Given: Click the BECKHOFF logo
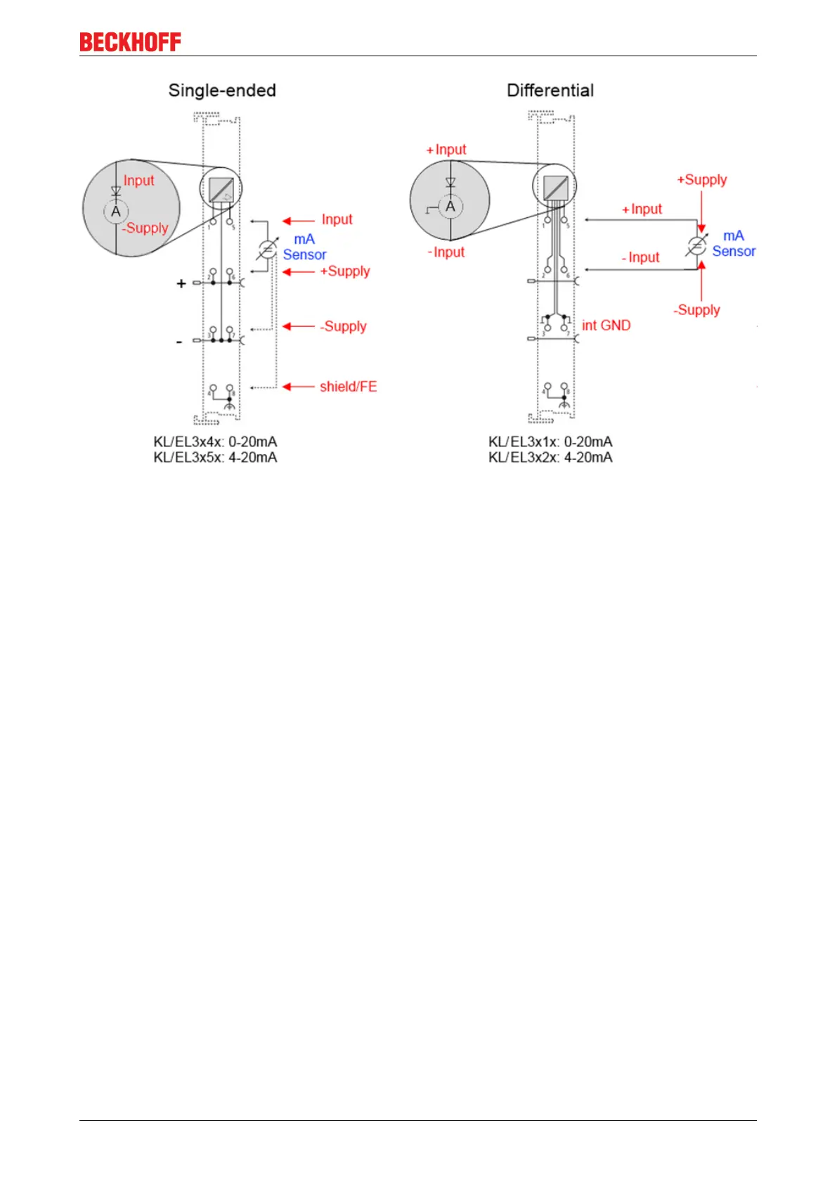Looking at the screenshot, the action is [130, 42].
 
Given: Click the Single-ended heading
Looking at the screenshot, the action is [222, 91].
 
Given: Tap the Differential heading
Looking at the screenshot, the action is [550, 91].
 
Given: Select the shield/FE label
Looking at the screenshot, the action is [348, 387].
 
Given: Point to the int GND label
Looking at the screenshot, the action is [606, 326].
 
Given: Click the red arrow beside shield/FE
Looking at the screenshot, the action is [298, 387].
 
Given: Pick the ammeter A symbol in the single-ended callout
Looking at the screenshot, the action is [116, 212].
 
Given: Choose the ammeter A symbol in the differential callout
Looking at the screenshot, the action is [450, 207].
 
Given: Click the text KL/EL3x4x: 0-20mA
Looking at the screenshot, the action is [215, 442].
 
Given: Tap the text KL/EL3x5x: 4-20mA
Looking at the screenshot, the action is [215, 458].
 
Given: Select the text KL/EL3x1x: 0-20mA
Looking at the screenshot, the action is [550, 442].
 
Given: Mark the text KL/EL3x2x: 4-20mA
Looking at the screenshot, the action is [550, 458].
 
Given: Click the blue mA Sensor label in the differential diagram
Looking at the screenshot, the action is [734, 243].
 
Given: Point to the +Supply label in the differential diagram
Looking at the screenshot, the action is [701, 180].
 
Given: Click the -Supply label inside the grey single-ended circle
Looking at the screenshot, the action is [145, 229].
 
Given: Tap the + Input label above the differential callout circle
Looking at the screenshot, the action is [446, 150].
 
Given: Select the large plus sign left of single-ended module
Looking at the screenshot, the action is [181, 283].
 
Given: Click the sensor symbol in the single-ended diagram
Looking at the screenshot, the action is [267, 249].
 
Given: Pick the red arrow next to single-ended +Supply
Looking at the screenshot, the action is [298, 272].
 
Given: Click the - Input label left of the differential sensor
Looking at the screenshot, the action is [640, 258].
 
